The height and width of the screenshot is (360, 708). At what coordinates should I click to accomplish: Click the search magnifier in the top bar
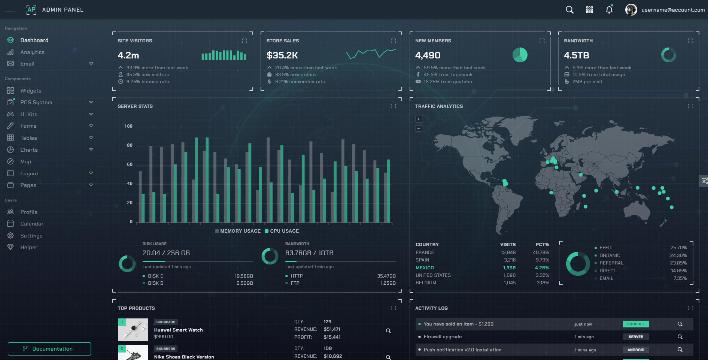coord(569,10)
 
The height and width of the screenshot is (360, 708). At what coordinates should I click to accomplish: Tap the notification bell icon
coord(609,10)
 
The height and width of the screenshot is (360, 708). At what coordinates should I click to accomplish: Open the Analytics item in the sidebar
coord(32,52)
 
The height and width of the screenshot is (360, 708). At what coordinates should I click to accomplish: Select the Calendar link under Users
coord(32,224)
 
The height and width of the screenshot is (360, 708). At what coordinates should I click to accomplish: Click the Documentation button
coord(49,349)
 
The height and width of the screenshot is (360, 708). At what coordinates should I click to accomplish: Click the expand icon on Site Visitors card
coord(244,41)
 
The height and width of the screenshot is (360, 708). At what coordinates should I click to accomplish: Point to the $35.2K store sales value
coord(282,55)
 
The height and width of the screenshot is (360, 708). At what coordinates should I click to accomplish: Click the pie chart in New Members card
coord(520,55)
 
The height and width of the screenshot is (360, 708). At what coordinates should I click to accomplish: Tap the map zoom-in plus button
coord(419,119)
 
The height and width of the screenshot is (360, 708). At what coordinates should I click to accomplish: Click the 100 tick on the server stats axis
coord(128,126)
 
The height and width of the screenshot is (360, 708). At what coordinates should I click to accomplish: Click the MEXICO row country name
coord(425,268)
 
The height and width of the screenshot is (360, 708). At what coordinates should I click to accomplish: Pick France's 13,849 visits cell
coord(508,252)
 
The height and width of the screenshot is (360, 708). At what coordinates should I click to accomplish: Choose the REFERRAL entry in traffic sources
coord(611,263)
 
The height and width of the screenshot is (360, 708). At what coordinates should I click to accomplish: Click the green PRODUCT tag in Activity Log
coord(636,324)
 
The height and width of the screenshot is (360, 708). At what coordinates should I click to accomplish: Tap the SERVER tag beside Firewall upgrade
coord(636,337)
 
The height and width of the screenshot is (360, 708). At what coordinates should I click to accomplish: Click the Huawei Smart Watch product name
coord(179,330)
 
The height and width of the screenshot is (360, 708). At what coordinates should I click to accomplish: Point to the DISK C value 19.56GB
coord(244,276)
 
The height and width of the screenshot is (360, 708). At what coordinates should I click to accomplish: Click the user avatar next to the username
coord(631,10)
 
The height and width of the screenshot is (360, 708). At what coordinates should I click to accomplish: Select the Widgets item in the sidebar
coord(31,91)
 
